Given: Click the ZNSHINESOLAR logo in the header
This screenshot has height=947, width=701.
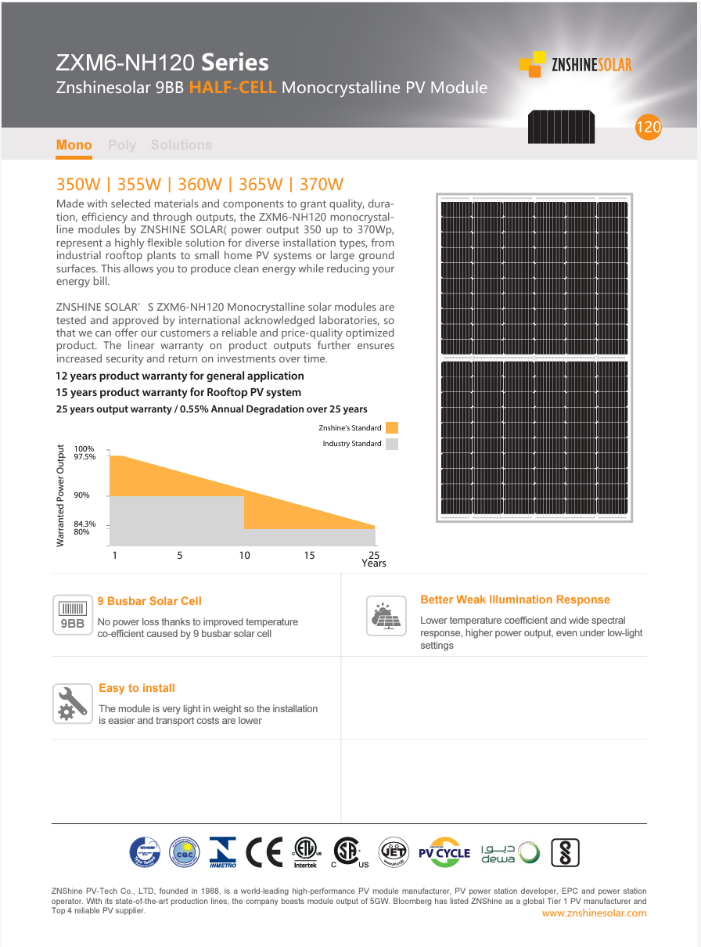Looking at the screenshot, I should [x=576, y=64].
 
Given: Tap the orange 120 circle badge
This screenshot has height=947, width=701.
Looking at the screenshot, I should [x=649, y=128].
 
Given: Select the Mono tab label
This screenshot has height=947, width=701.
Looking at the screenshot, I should [x=74, y=146].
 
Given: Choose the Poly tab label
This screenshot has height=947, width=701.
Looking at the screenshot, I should [x=122, y=146].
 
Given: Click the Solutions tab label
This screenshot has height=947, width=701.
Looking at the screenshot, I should [x=182, y=146].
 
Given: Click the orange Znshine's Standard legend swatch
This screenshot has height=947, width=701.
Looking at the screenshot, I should [x=392, y=428].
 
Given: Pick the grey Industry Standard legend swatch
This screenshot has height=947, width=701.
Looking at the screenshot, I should [x=392, y=444].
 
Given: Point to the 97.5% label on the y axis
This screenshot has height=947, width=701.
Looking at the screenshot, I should [x=84, y=456].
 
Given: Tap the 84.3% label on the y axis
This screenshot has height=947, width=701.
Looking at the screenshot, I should [x=84, y=524].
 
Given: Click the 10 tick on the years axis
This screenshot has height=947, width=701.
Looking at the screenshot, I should [x=245, y=556].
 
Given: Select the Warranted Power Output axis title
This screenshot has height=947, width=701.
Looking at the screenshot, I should [x=61, y=495].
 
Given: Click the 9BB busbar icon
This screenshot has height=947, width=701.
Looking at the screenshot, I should [x=73, y=615].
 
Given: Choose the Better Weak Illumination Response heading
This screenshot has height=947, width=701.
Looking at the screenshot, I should [x=515, y=600].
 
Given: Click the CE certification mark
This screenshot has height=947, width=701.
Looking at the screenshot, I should [x=264, y=852].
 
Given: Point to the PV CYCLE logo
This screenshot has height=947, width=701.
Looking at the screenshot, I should [x=444, y=852].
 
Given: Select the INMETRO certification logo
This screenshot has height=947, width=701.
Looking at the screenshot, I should [x=222, y=852].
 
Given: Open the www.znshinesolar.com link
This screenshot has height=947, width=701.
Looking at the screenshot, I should [x=594, y=913].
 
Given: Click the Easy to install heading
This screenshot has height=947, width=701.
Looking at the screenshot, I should [x=137, y=689].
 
